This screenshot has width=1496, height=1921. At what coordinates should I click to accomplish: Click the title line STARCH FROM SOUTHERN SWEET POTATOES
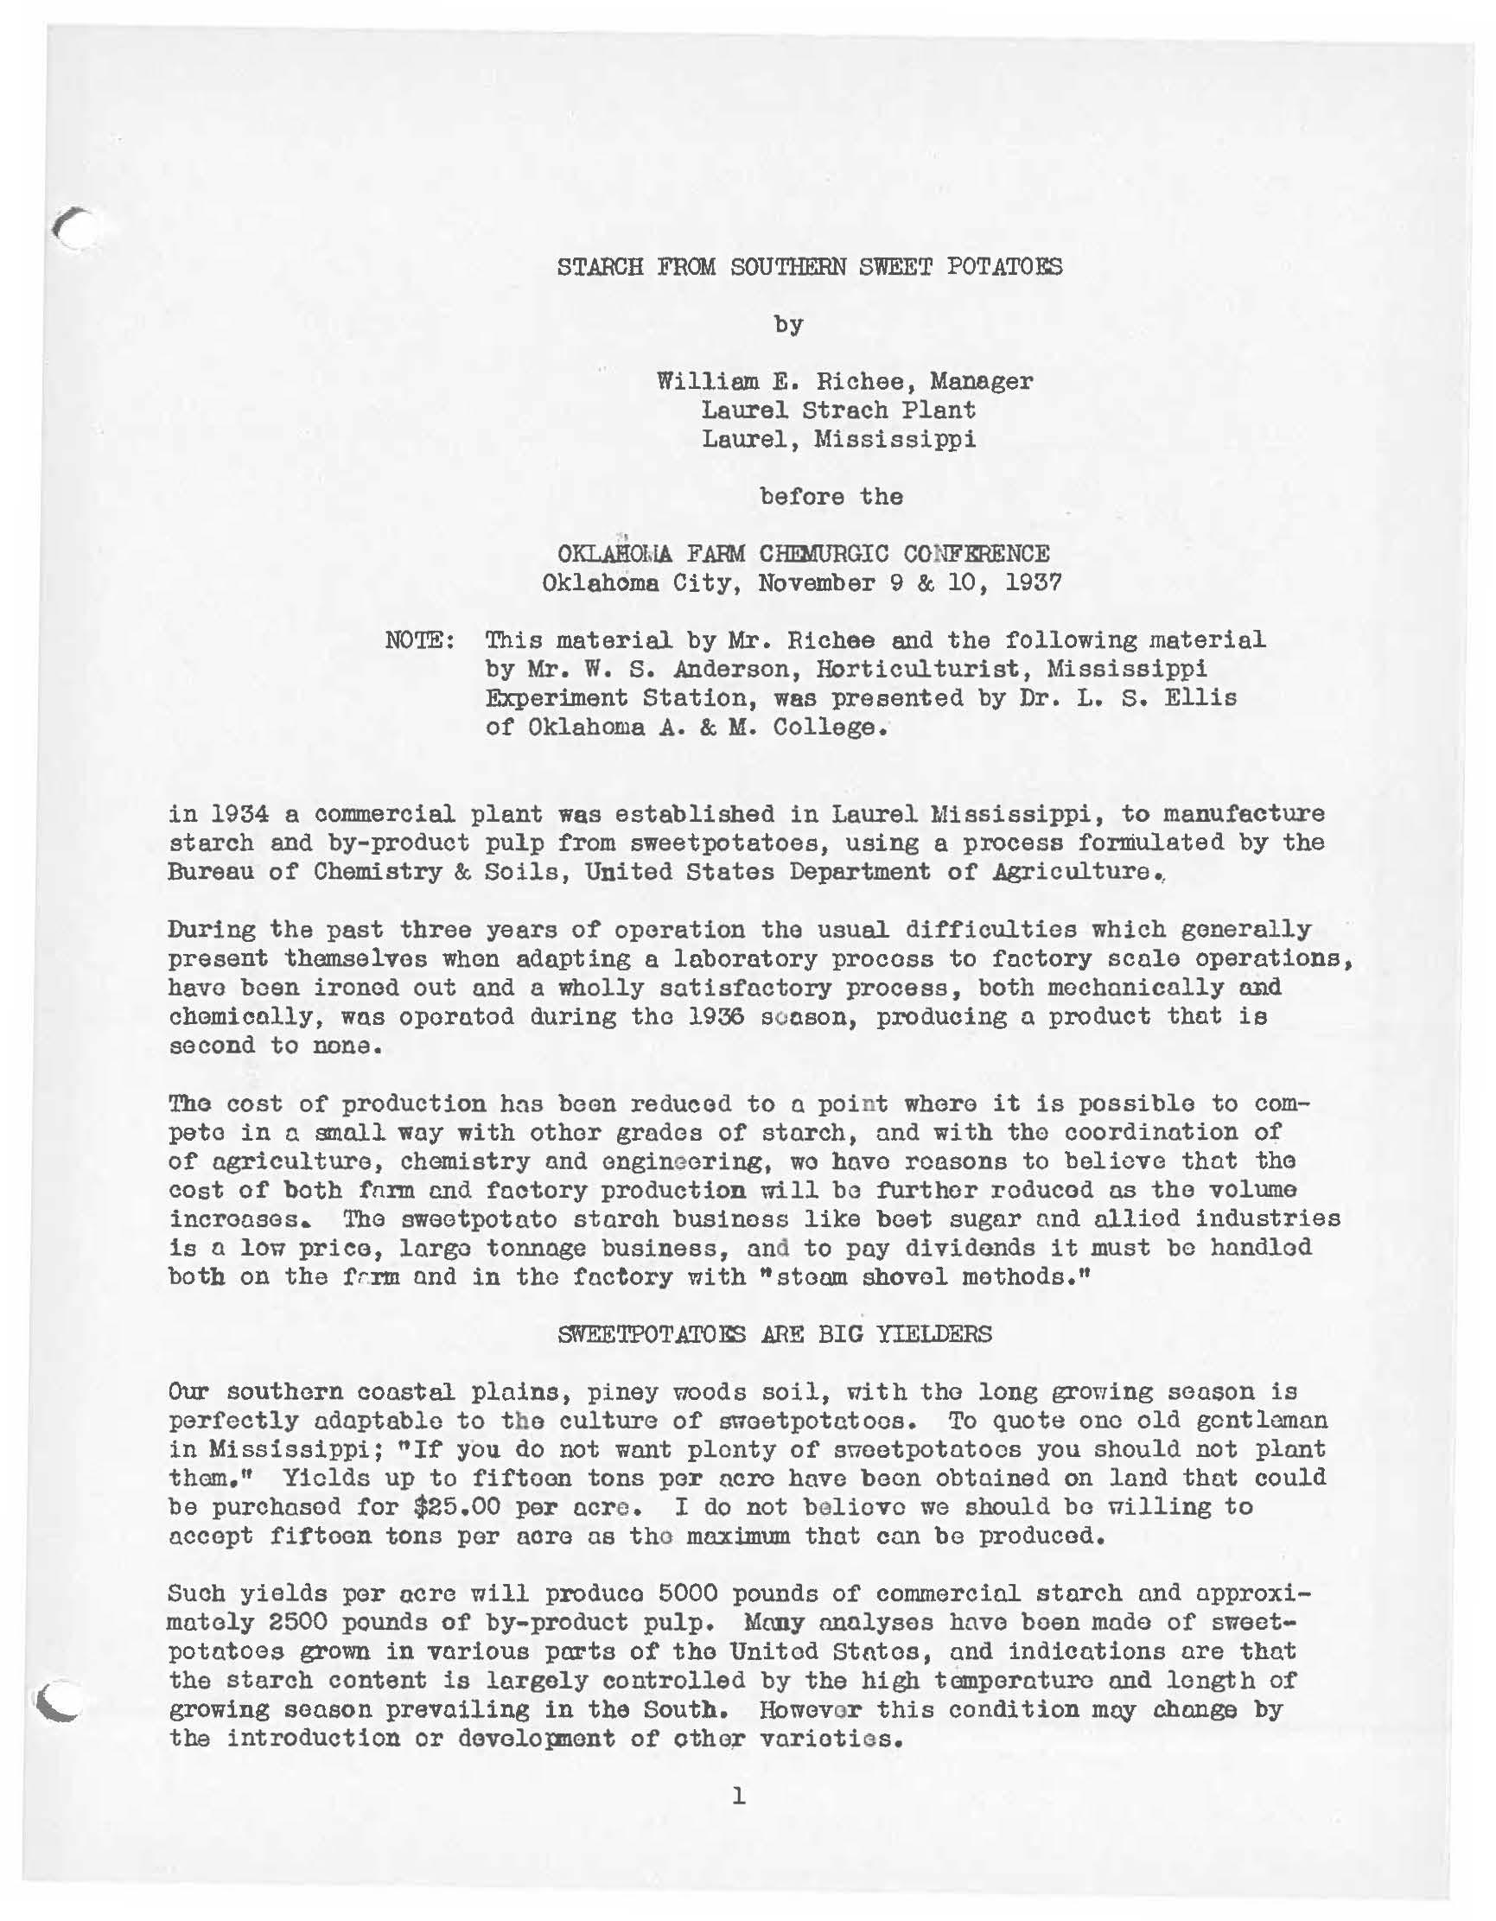[x=809, y=265]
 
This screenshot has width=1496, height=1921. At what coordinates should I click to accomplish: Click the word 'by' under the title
[x=788, y=325]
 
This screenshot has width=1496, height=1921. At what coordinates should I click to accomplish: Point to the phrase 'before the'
[x=831, y=496]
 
